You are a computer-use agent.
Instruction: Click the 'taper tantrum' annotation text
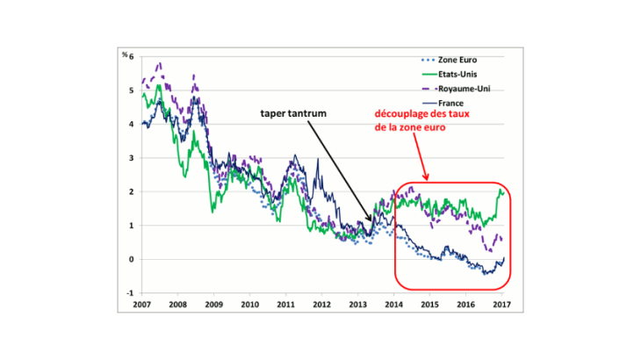[x=295, y=114]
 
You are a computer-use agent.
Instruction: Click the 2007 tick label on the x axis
[x=142, y=305]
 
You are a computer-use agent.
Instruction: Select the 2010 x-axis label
[x=250, y=305]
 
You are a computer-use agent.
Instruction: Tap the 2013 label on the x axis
[x=357, y=305]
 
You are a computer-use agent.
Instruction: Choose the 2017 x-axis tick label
[x=501, y=305]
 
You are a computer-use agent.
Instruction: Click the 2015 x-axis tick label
[x=429, y=305]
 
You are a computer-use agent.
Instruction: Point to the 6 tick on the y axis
[x=133, y=57]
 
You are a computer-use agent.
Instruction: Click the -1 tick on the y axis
[x=131, y=293]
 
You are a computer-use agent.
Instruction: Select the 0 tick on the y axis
[x=133, y=259]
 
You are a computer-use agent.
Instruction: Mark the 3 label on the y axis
[x=133, y=158]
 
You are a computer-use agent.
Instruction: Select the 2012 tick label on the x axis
[x=321, y=305]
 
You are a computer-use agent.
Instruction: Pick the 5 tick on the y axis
[x=133, y=90]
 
